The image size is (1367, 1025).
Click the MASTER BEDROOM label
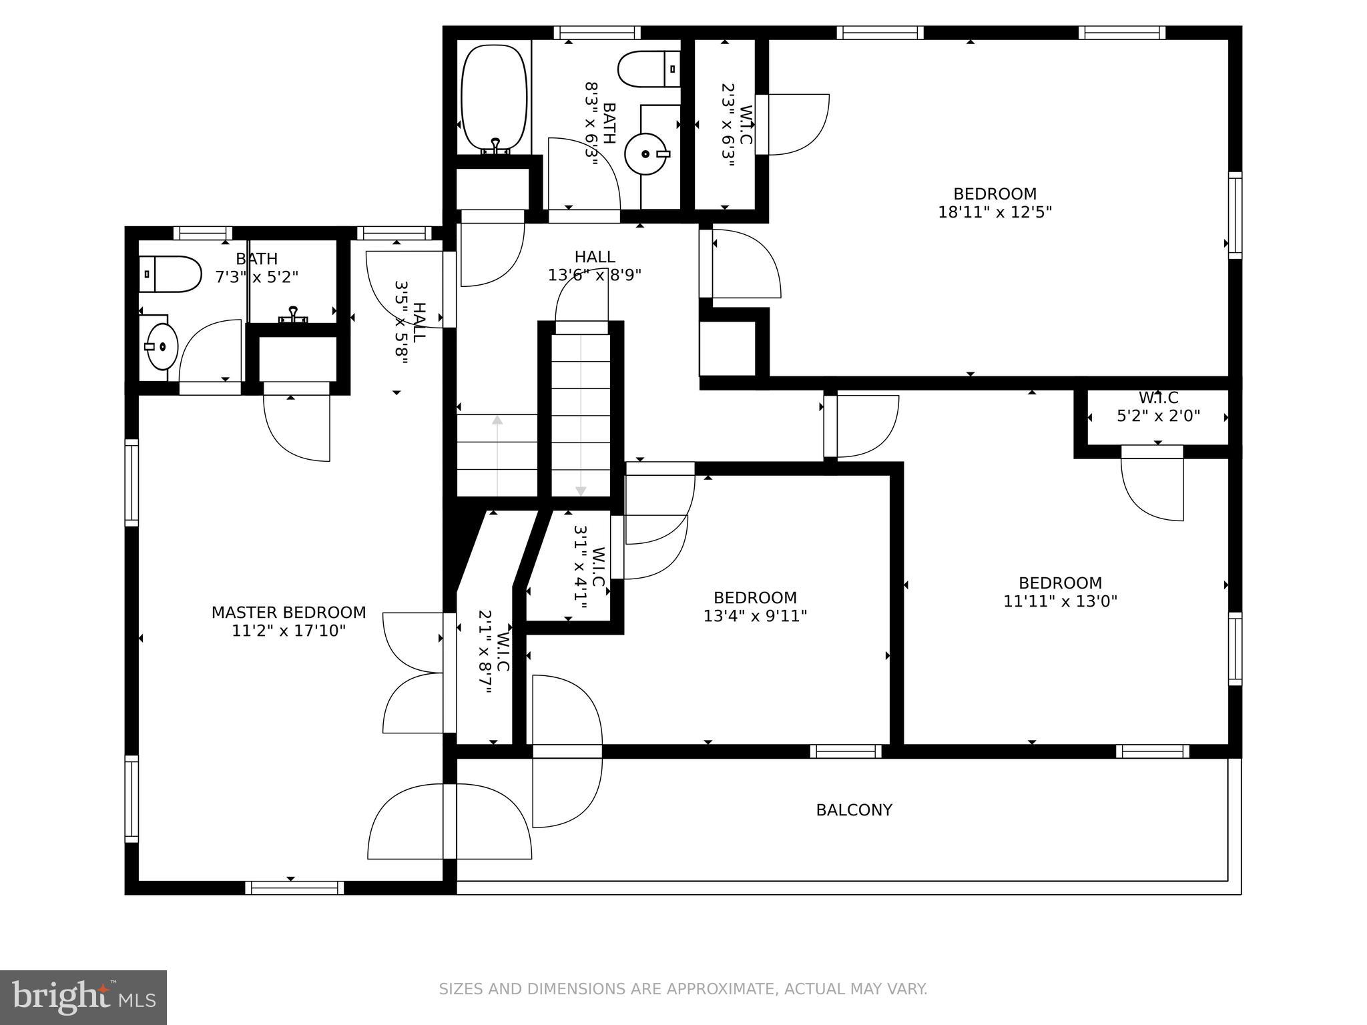tap(288, 612)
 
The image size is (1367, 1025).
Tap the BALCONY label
tap(854, 810)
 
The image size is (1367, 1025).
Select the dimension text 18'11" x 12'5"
tap(995, 212)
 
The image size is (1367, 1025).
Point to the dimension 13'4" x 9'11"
tap(755, 615)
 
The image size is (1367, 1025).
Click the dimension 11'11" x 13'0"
tap(1060, 601)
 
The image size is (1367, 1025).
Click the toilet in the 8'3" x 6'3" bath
tap(649, 69)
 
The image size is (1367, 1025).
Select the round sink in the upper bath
tap(646, 153)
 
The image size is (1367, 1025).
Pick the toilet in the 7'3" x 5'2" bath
tap(170, 274)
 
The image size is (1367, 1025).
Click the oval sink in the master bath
tap(162, 346)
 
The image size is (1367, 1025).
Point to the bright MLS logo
tap(83, 998)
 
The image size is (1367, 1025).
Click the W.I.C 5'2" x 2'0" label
tap(1159, 407)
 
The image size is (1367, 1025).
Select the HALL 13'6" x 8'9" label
tap(595, 266)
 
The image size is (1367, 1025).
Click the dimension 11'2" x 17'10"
tap(288, 631)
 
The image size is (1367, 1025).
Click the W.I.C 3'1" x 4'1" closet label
tap(589, 567)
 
